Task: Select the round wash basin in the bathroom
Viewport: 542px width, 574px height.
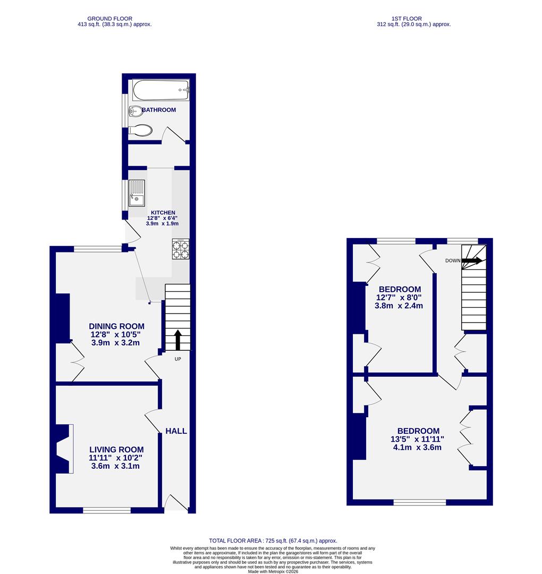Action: pos(135,111)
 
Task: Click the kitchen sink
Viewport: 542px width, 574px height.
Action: pos(136,193)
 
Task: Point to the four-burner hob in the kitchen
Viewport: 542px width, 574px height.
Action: pos(180,250)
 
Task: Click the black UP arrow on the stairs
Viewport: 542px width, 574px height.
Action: pos(177,340)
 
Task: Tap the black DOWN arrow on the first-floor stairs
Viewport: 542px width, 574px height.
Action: pos(472,260)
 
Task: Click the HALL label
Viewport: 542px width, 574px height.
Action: pos(176,431)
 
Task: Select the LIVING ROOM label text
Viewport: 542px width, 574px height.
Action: pos(116,449)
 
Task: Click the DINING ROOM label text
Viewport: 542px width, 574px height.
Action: pos(116,326)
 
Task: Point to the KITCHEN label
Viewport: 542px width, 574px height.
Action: pos(162,213)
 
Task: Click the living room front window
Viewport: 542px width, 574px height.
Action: pos(107,510)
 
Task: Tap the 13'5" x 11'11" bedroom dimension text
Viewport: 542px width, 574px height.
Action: pos(418,440)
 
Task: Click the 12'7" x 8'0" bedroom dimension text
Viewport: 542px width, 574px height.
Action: pos(399,298)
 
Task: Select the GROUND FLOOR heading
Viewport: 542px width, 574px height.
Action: pos(111,19)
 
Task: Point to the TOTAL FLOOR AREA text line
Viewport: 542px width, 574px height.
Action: pos(273,541)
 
